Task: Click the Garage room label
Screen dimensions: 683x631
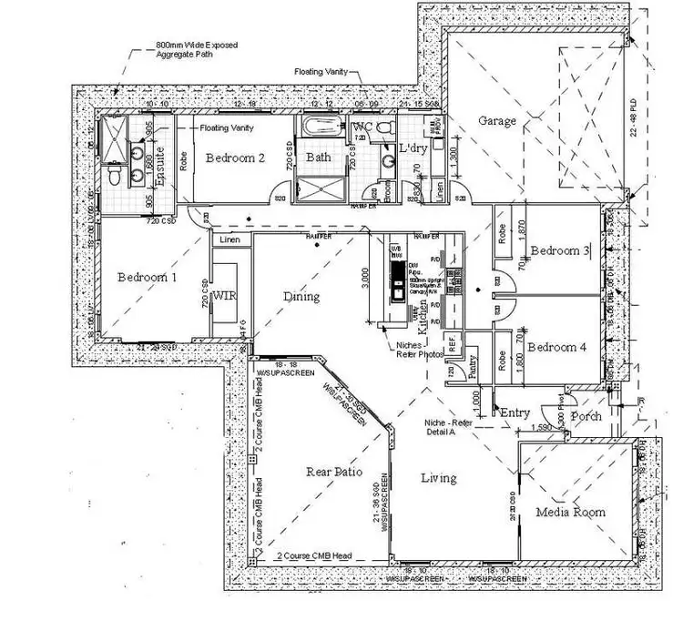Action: coord(498,121)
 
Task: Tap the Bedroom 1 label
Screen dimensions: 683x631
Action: coord(148,277)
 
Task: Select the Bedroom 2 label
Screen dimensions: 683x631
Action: coord(235,158)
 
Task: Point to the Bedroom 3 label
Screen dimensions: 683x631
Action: coord(561,251)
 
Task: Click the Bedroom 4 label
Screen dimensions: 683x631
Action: coord(557,347)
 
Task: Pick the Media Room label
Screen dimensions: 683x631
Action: coord(571,512)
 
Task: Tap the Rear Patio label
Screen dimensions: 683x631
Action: coord(334,473)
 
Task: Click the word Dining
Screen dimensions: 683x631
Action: coord(301,296)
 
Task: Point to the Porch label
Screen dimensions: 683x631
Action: coord(586,416)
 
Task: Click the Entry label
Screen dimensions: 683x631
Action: coord(515,412)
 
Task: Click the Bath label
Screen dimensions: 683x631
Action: coord(318,158)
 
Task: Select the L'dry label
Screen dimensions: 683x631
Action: coord(401,148)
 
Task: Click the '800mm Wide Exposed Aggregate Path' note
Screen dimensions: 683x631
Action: coord(197,50)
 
